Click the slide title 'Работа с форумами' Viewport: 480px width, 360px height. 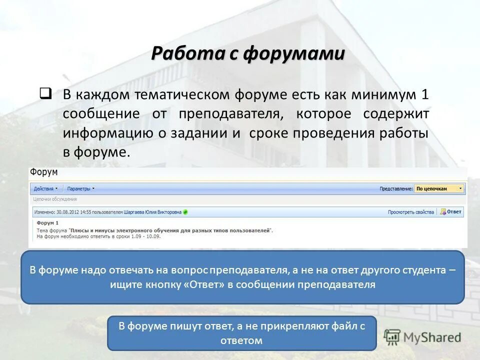point(248,53)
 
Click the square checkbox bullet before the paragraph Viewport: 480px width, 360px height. point(45,93)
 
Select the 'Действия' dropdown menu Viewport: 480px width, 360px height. point(45,189)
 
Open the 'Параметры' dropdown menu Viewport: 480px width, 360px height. point(80,189)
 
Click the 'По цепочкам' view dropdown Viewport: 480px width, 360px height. point(439,189)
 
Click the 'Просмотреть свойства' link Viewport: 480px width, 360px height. point(410,212)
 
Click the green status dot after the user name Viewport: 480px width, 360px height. point(185,212)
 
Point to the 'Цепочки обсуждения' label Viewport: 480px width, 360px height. point(51,199)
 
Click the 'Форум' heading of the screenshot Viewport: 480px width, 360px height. point(43,172)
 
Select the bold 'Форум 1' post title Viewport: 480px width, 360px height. point(48,223)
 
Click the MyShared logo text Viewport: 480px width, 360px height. point(432,337)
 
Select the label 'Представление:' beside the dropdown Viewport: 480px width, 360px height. point(396,189)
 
